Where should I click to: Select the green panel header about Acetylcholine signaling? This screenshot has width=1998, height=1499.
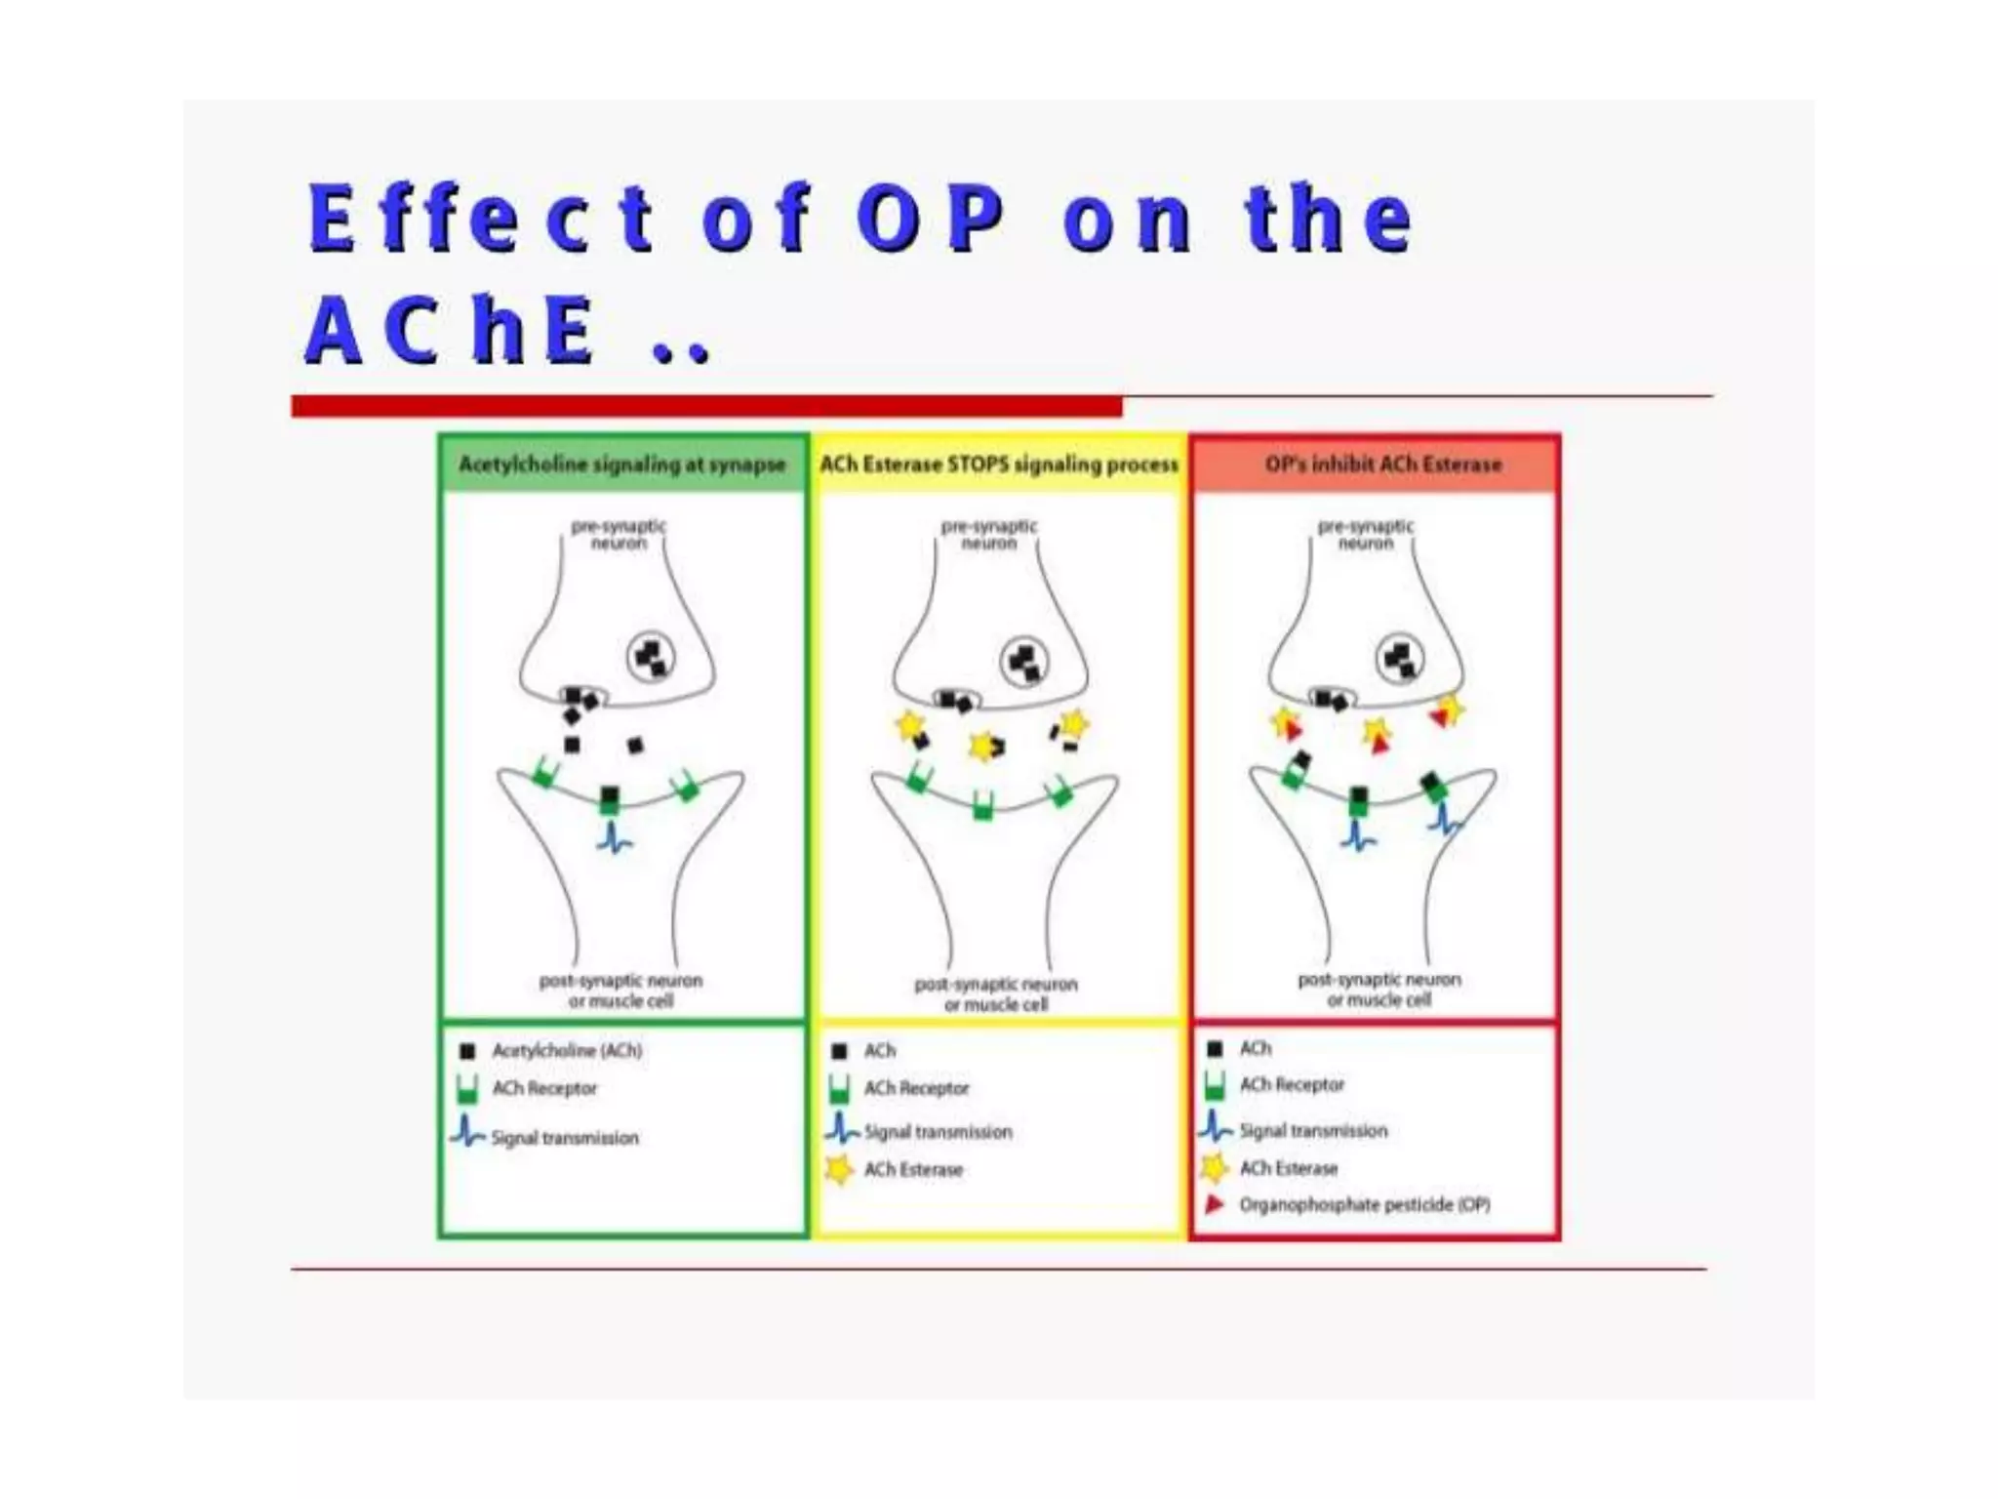click(x=622, y=465)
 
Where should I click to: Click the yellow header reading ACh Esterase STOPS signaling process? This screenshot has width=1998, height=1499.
click(x=999, y=465)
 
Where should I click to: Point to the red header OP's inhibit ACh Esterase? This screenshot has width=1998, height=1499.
click(x=1382, y=465)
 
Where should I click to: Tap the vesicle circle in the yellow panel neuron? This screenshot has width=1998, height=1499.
click(x=1024, y=663)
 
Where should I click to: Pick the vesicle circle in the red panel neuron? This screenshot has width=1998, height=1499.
click(x=1399, y=660)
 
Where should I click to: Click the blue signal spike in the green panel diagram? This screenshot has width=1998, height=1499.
click(x=614, y=837)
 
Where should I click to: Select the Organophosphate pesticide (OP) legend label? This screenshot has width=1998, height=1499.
click(x=1364, y=1204)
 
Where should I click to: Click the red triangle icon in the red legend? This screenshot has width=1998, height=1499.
click(x=1215, y=1204)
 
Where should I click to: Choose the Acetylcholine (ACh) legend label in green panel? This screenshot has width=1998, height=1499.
click(x=567, y=1050)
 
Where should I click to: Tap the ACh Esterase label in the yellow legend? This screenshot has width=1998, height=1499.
click(x=913, y=1169)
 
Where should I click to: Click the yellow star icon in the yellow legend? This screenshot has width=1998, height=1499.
click(x=839, y=1168)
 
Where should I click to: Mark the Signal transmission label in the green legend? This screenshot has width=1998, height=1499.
click(x=565, y=1138)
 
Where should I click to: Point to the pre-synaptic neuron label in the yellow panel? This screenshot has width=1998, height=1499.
click(x=989, y=534)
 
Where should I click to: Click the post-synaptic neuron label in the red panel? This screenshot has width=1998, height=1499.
click(x=1379, y=989)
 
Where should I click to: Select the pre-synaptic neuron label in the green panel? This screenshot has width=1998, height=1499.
click(x=619, y=534)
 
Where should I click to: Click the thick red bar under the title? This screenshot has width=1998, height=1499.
click(x=706, y=406)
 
